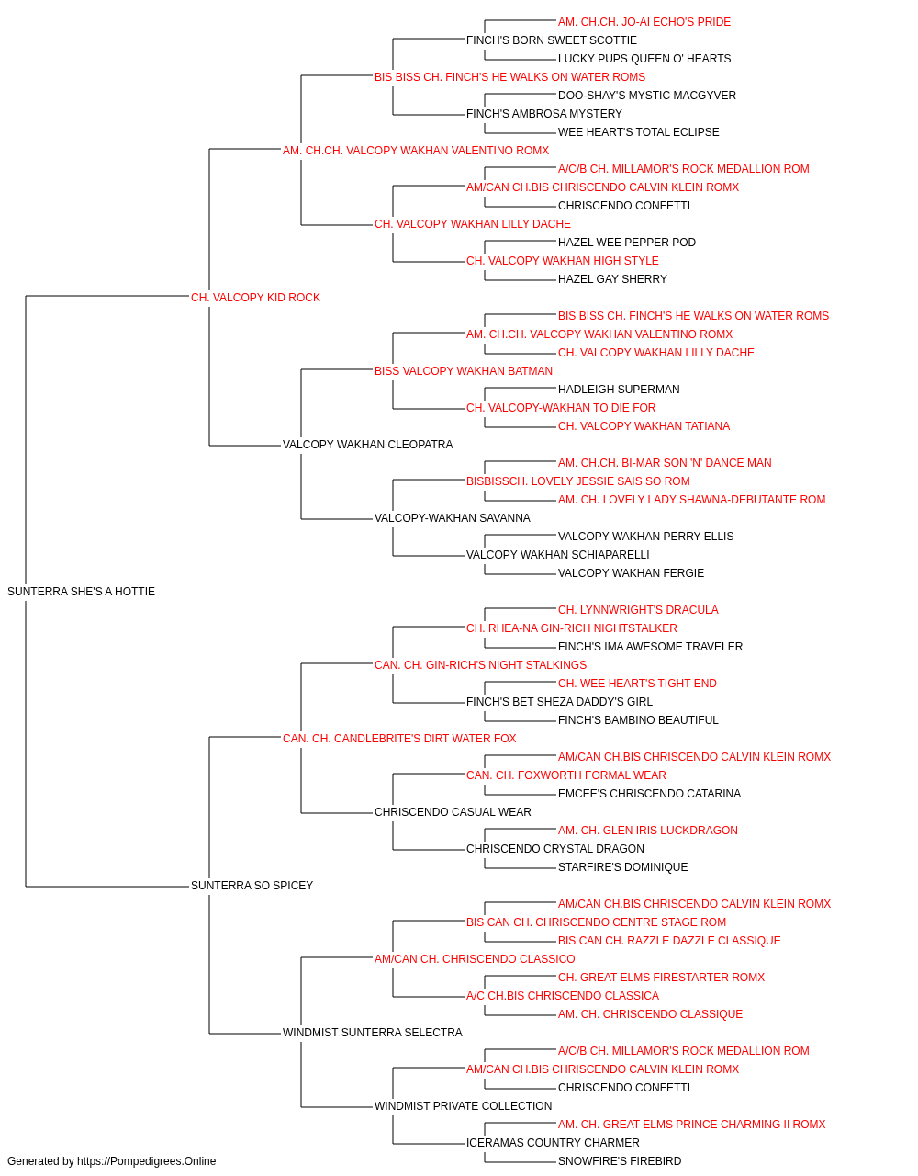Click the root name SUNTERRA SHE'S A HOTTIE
(81, 592)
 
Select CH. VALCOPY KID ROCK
(255, 298)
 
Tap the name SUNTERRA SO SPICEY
(252, 886)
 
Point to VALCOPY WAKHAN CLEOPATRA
(367, 445)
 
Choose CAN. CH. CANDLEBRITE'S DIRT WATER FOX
(399, 738)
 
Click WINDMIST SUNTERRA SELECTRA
(373, 1033)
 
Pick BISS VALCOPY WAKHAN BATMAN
(464, 370)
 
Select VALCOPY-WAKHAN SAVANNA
(452, 518)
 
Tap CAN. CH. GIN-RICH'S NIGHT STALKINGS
(480, 665)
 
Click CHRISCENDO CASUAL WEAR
(453, 812)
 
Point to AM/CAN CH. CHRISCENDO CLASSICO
(475, 959)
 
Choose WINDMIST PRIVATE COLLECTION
(463, 1106)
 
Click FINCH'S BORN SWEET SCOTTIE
(552, 40)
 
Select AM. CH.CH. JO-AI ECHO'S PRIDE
(644, 22)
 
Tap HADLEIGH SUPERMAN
(619, 390)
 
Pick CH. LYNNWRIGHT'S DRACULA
(638, 610)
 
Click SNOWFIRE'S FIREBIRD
(620, 1161)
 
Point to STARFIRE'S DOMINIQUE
(622, 867)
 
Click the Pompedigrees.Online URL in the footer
(146, 1161)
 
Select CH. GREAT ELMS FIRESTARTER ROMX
(661, 978)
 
